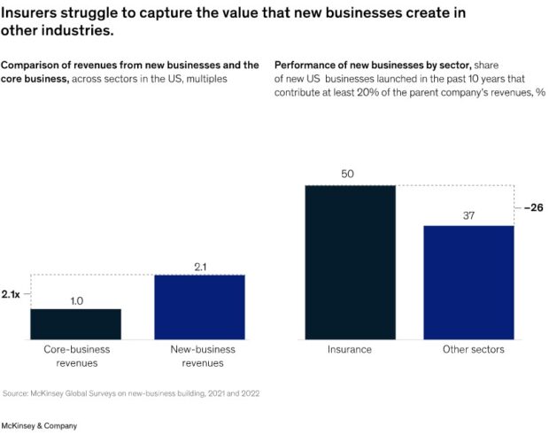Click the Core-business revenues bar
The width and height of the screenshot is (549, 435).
click(75, 324)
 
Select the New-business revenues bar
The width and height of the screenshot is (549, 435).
click(199, 307)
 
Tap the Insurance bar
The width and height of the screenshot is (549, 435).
click(349, 262)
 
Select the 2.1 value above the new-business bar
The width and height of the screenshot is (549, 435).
click(199, 267)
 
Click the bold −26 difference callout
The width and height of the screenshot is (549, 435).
click(534, 207)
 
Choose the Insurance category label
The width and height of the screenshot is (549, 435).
click(349, 350)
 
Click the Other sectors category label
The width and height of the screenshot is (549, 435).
click(473, 350)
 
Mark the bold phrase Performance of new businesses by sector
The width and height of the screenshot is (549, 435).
click(372, 66)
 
